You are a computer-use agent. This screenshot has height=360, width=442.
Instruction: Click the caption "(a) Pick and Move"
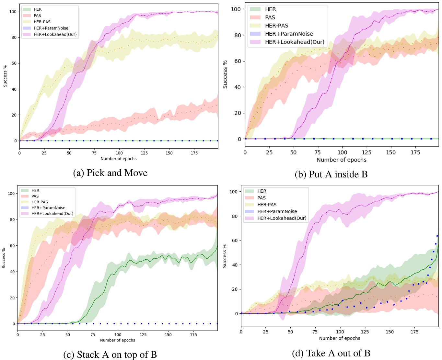(x=110, y=173)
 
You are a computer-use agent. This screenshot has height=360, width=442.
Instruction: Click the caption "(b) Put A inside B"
(x=331, y=174)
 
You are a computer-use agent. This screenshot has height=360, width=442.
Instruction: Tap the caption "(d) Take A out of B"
(x=331, y=353)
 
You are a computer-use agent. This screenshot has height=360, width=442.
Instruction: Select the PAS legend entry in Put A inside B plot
(x=270, y=17)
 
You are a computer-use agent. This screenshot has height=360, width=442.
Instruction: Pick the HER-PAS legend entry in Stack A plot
(x=40, y=202)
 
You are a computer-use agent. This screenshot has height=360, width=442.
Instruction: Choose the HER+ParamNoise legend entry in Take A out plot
(x=277, y=211)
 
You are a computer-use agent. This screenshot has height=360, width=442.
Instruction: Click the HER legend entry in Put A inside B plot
(x=270, y=9)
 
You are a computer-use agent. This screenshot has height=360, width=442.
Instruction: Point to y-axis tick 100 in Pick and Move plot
(x=13, y=12)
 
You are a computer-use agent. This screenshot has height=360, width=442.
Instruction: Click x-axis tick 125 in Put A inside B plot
(x=366, y=152)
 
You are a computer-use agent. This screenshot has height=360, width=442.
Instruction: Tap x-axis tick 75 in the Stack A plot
(x=93, y=335)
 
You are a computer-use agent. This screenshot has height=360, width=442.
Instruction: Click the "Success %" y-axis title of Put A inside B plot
(x=225, y=74)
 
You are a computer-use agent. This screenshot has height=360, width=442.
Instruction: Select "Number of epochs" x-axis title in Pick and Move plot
(x=119, y=159)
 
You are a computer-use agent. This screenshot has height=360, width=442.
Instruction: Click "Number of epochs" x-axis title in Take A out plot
(x=340, y=338)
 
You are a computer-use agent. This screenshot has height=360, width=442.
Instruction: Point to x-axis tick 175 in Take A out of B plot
(x=414, y=332)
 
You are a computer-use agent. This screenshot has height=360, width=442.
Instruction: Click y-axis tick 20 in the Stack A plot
(x=12, y=298)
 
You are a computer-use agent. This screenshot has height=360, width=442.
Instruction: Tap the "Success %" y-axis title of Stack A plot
(x=4, y=258)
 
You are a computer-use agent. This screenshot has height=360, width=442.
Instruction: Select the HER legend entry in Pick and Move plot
(x=38, y=9)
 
